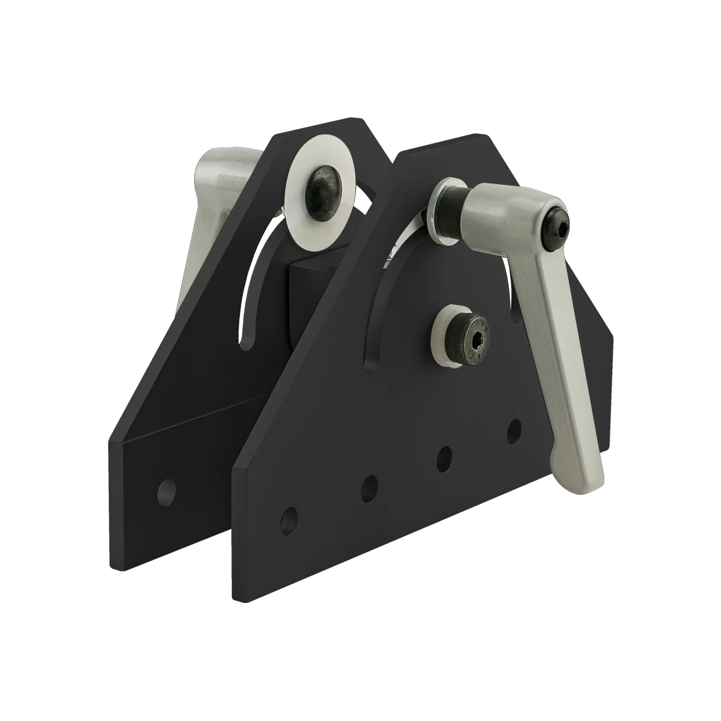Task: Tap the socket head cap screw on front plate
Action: (x=466, y=334)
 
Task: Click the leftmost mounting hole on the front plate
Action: (x=288, y=520)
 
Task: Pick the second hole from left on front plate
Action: (x=370, y=486)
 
